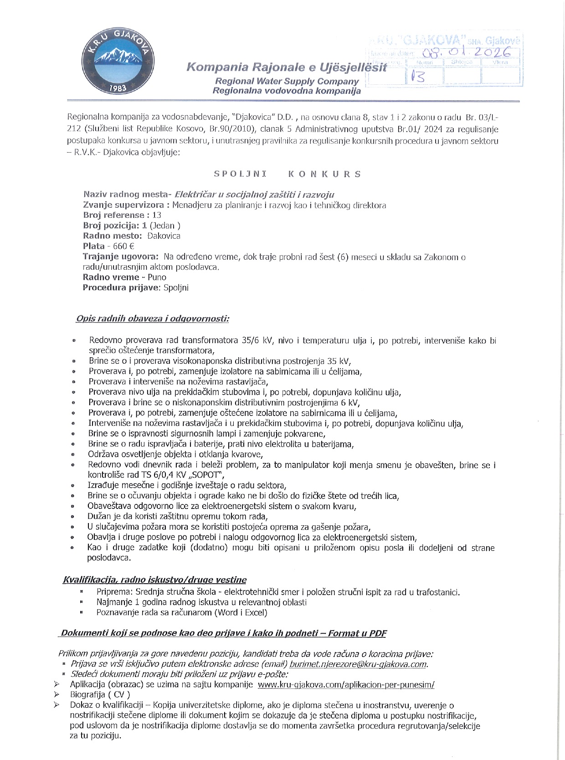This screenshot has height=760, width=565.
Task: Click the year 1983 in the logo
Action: (118, 88)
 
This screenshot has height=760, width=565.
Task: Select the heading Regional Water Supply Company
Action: (287, 82)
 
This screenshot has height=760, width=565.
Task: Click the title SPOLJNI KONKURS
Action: (288, 174)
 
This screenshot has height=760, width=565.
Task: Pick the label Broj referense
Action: (113, 215)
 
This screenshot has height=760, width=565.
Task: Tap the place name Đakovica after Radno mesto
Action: (164, 236)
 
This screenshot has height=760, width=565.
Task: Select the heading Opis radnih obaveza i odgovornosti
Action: (152, 318)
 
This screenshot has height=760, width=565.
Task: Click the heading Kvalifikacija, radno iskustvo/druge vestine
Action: (154, 580)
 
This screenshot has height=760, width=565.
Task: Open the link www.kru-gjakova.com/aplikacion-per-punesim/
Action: (346, 684)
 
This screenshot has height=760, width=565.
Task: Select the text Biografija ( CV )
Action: (100, 694)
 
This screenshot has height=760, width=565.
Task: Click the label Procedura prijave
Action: (122, 288)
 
